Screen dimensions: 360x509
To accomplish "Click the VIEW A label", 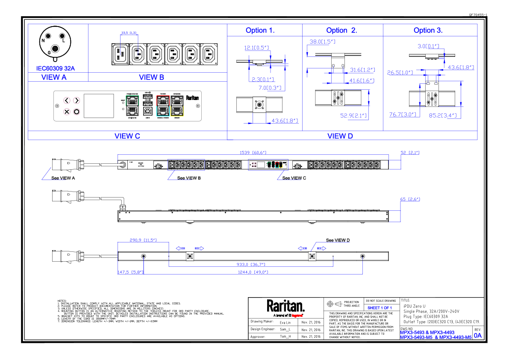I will (x=54, y=77).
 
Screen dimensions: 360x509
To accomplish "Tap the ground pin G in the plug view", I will (x=55, y=49).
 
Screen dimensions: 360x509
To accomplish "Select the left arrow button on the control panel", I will (x=67, y=101).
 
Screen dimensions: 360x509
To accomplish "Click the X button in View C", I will (x=67, y=112).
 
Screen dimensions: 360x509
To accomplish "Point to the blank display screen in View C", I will (x=98, y=106).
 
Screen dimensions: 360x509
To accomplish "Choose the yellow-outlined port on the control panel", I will (x=176, y=111).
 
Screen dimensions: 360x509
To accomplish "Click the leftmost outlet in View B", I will (x=119, y=54).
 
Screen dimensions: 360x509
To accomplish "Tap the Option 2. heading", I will (x=341, y=30).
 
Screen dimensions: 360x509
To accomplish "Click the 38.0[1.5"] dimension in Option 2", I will (x=322, y=42).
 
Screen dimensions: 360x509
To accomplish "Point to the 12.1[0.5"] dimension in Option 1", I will (x=256, y=48).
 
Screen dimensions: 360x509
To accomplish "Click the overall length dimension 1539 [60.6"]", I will (x=253, y=153).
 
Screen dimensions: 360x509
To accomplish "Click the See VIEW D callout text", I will (x=338, y=240).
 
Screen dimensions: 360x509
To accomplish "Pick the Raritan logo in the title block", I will (x=285, y=306).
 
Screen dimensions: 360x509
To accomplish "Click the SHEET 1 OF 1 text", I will (x=380, y=308).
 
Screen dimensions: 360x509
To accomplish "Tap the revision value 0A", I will (x=477, y=336).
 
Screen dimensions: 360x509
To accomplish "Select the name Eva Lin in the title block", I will (x=285, y=322).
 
